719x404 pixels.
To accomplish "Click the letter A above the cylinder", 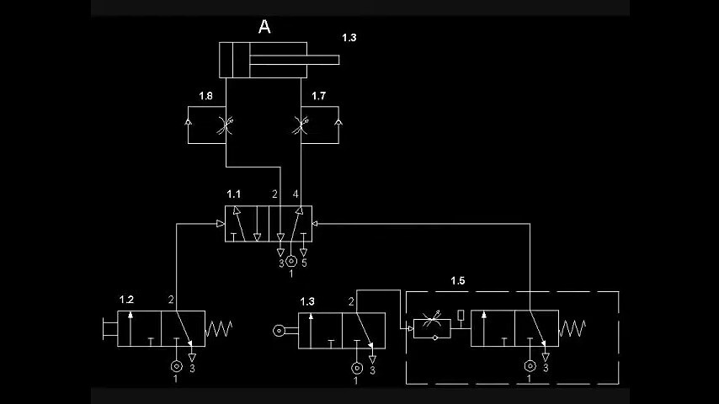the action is pyautogui.click(x=264, y=27).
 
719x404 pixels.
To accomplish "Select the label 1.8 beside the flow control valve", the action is pyautogui.click(x=205, y=96).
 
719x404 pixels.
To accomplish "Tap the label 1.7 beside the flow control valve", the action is pyautogui.click(x=318, y=96).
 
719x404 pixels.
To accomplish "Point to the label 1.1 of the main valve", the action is pyautogui.click(x=233, y=194).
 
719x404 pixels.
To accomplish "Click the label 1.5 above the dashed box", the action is pyautogui.click(x=457, y=280).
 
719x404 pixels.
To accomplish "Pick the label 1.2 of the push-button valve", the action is pyautogui.click(x=126, y=300).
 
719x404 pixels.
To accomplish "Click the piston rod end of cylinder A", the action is pyautogui.click(x=338, y=60).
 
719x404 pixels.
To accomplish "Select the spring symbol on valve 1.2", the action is pyautogui.click(x=219, y=328).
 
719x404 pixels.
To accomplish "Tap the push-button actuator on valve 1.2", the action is pyautogui.click(x=109, y=328).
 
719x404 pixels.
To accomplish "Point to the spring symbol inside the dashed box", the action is pyautogui.click(x=572, y=328).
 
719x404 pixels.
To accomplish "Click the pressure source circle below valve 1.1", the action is pyautogui.click(x=290, y=261).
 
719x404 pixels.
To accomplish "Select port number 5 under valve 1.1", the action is pyautogui.click(x=304, y=263).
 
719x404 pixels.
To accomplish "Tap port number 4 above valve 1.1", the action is pyautogui.click(x=296, y=194).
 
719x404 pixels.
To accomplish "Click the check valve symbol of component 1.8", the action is pyautogui.click(x=188, y=122).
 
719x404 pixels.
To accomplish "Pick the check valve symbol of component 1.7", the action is pyautogui.click(x=338, y=122).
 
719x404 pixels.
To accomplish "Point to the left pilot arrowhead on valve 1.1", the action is pyautogui.click(x=220, y=224).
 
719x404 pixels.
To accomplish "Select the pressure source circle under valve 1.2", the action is pyautogui.click(x=176, y=366).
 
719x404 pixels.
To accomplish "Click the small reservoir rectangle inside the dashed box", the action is pyautogui.click(x=461, y=315).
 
